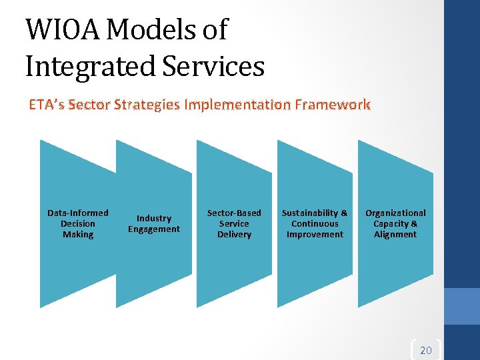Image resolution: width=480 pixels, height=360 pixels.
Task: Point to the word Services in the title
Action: [x=215, y=66]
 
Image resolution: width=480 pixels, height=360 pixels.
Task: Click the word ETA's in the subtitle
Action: [x=47, y=105]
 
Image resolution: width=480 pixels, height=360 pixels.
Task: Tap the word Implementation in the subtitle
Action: [x=237, y=105]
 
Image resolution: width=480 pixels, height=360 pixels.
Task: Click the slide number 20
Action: [x=426, y=350]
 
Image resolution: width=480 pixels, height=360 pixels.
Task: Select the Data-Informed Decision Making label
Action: [x=78, y=223]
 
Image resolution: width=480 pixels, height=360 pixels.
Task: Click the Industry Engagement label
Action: [x=154, y=223]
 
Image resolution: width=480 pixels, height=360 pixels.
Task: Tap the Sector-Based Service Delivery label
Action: [x=234, y=223]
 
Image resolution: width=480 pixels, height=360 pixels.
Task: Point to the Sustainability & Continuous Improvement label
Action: [x=315, y=223]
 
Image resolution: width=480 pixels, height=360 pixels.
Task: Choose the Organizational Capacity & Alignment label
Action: [x=395, y=223]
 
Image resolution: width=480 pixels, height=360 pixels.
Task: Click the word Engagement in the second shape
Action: [x=154, y=229]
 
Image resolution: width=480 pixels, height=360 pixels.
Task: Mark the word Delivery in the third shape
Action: [x=234, y=235]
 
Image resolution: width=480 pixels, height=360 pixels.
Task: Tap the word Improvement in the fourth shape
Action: [x=315, y=235]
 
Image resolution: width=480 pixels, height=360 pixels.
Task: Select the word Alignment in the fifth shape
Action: [x=395, y=235]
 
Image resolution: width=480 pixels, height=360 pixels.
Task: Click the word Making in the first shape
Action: [x=78, y=235]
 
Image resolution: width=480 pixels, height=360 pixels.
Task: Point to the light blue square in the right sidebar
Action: [x=462, y=306]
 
